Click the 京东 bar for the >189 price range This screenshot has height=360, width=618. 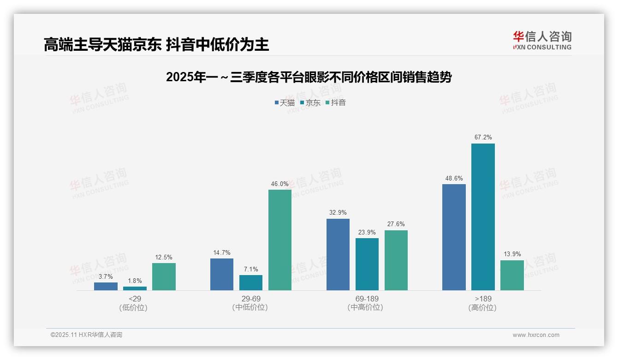click(483, 217)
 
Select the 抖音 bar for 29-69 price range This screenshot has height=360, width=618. click(280, 240)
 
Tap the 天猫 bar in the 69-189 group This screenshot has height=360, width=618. click(338, 254)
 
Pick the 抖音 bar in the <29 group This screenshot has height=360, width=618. click(164, 276)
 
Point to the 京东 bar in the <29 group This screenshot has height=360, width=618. click(135, 288)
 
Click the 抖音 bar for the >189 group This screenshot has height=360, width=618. click(512, 275)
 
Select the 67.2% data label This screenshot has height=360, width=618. click(483, 137)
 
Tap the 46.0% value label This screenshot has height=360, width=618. click(279, 184)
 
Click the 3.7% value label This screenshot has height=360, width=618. click(106, 276)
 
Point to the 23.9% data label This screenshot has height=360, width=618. click(367, 232)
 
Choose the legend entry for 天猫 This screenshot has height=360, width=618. click(285, 102)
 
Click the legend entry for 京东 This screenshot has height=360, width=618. click(310, 102)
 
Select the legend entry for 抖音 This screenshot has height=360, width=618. click(336, 102)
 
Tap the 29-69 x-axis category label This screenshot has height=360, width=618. click(250, 299)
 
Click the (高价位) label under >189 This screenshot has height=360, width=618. click(482, 308)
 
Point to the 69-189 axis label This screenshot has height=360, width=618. click(367, 299)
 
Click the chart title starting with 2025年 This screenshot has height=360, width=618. click(309, 77)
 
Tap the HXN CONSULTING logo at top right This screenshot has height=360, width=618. click(542, 40)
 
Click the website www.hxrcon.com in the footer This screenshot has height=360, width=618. click(535, 335)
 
